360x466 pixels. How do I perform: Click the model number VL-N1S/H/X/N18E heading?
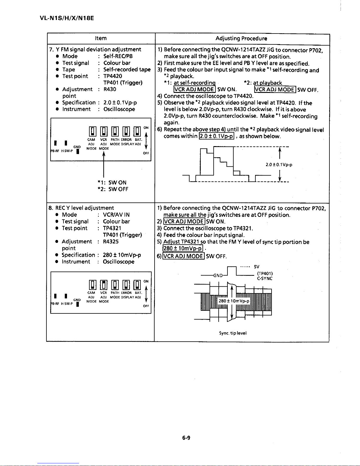click(67, 18)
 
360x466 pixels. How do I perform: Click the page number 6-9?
click(186, 437)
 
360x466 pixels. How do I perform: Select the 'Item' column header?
click(101, 38)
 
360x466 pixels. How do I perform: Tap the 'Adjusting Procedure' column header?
click(241, 38)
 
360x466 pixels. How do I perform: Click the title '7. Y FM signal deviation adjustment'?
click(95, 49)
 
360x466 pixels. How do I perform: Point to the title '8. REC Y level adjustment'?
click(81, 208)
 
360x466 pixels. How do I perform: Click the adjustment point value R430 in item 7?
click(110, 89)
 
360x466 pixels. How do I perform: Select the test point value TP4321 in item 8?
click(112, 228)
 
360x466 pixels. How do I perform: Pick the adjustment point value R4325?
click(111, 241)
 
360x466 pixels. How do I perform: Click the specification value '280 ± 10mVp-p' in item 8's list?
click(122, 255)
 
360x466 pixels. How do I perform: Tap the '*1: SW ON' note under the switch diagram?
click(112, 182)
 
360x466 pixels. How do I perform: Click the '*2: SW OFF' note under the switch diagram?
click(113, 189)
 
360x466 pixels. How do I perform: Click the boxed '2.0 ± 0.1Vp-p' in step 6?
click(217, 136)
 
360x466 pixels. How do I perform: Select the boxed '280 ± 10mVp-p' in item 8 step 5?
click(183, 249)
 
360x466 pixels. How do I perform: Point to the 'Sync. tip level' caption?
click(233, 333)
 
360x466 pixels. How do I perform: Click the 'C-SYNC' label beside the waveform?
click(265, 278)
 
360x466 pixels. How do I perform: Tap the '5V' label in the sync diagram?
click(257, 267)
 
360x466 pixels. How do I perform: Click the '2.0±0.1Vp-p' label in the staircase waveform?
click(279, 165)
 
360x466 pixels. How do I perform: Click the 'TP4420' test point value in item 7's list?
click(113, 76)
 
